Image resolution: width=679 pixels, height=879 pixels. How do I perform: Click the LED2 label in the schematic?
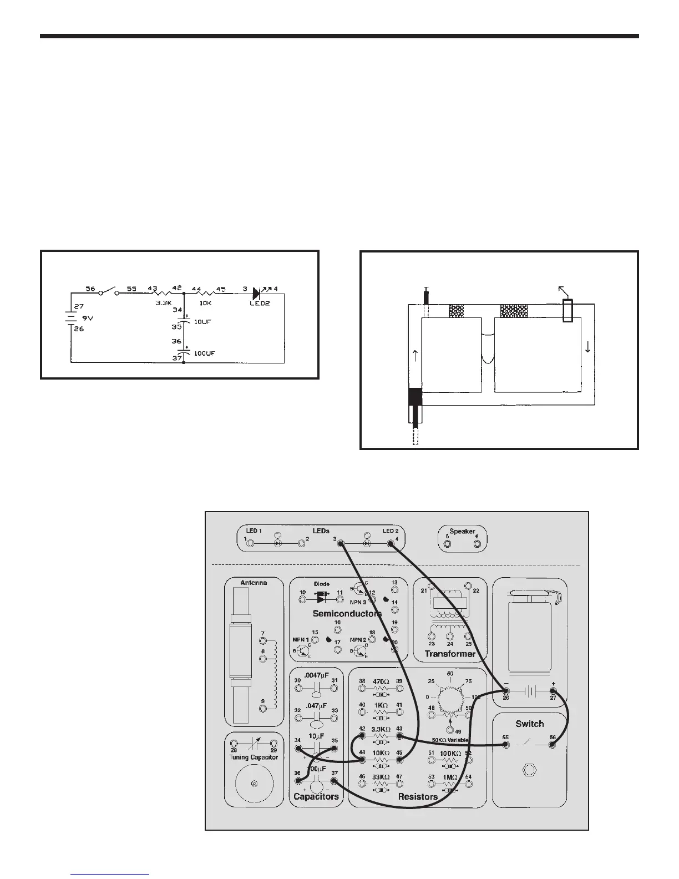pyautogui.click(x=260, y=304)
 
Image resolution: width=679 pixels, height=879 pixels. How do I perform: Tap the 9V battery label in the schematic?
pyautogui.click(x=88, y=319)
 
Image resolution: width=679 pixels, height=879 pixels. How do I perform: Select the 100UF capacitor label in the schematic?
pyautogui.click(x=204, y=353)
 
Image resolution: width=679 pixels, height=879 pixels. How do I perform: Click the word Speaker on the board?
pyautogui.click(x=462, y=531)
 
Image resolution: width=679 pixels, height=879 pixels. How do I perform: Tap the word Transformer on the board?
pyautogui.click(x=450, y=654)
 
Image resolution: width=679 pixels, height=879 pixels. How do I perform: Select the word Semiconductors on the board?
pyautogui.click(x=347, y=614)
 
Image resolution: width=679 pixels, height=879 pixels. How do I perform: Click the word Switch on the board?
pyautogui.click(x=529, y=724)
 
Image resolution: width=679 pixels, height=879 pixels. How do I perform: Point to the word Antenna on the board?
pyautogui.click(x=253, y=583)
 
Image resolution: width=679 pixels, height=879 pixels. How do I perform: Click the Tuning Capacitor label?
pyautogui.click(x=253, y=757)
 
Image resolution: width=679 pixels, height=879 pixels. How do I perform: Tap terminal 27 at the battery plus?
pyautogui.click(x=553, y=691)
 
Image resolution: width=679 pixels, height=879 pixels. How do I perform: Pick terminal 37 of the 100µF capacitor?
pyautogui.click(x=334, y=781)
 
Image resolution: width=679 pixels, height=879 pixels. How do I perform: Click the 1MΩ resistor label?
pyautogui.click(x=450, y=777)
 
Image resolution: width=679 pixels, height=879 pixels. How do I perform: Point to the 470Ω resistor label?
pyautogui.click(x=381, y=681)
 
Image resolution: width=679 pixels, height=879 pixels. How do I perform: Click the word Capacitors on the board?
pyautogui.click(x=316, y=796)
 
